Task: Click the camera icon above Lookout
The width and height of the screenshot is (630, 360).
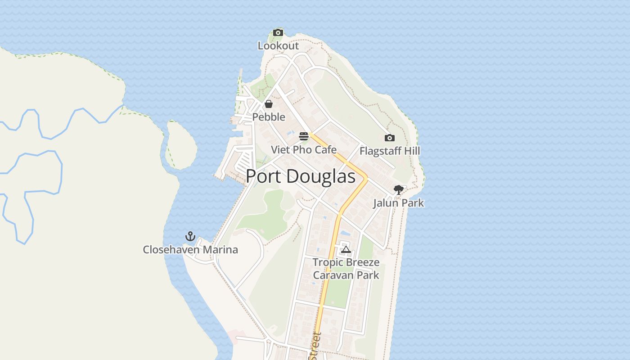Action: [278, 32]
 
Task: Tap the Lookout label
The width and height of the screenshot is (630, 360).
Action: [278, 46]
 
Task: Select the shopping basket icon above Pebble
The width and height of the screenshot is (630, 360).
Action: [269, 104]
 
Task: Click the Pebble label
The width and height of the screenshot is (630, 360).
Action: [269, 117]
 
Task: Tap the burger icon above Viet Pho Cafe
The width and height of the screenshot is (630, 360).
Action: [304, 136]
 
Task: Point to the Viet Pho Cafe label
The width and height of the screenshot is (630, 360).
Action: [304, 150]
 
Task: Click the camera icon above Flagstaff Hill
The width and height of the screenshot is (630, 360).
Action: [390, 138]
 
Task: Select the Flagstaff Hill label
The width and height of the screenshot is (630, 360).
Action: [390, 151]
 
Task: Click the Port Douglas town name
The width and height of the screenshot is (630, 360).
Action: [301, 176]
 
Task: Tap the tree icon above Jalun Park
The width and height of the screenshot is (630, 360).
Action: [398, 190]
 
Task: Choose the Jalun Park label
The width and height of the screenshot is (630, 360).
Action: [398, 203]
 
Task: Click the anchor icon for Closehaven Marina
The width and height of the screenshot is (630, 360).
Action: [190, 236]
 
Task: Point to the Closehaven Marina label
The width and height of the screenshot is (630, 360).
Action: [190, 250]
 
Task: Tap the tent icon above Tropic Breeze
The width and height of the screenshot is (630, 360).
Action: [346, 249]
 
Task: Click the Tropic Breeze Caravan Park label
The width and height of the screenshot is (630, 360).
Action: [346, 269]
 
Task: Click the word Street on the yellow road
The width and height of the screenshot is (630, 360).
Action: [317, 346]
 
